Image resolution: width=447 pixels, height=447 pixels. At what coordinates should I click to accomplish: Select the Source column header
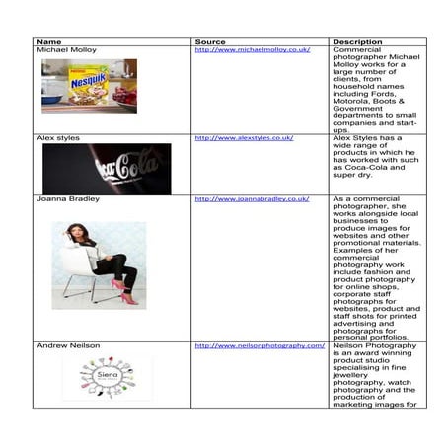[x=210, y=42]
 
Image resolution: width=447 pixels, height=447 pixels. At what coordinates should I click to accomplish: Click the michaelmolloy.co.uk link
[x=253, y=50]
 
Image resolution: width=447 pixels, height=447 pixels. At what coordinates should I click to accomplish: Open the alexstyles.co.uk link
[x=244, y=138]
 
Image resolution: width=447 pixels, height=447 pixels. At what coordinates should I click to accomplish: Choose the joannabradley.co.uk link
[x=252, y=199]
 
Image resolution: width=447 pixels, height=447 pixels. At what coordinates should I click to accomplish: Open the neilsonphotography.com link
[x=260, y=346]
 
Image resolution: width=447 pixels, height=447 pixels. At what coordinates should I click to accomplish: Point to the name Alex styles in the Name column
[x=58, y=138]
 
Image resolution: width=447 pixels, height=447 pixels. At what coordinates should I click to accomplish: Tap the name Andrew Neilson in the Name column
[x=68, y=346]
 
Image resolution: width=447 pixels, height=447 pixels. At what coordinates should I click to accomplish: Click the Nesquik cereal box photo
[x=88, y=87]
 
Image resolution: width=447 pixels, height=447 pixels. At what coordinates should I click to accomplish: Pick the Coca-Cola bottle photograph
[x=106, y=169]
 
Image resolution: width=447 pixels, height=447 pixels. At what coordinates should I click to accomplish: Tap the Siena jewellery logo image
[x=106, y=378]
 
